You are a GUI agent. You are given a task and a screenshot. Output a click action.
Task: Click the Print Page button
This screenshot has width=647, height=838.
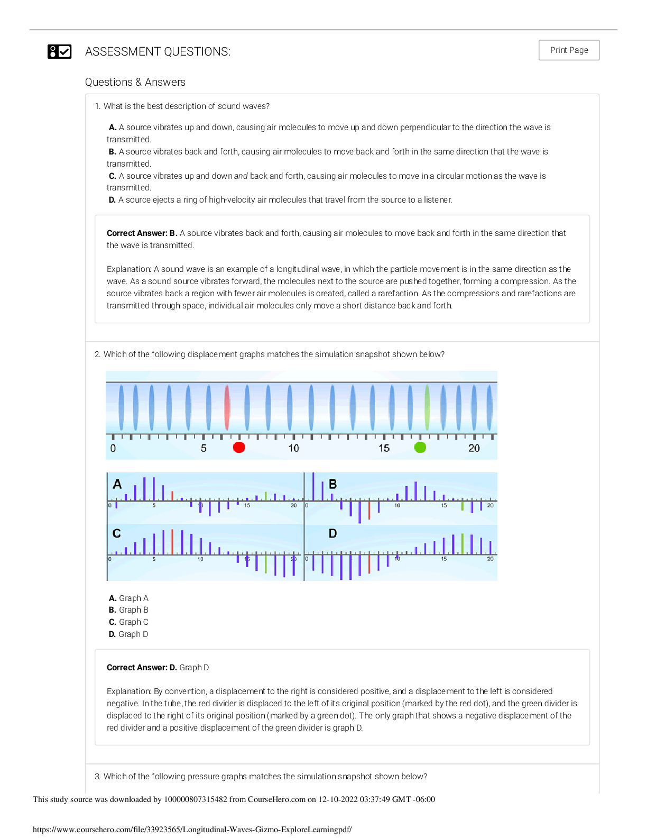569,50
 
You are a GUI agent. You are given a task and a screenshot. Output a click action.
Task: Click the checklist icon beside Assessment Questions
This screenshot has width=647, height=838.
59,51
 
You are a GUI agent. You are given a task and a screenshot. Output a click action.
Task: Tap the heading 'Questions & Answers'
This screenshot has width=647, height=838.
135,82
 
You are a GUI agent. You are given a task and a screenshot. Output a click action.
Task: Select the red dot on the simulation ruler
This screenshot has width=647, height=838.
239,448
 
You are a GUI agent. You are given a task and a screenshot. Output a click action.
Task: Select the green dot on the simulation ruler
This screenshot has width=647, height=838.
420,448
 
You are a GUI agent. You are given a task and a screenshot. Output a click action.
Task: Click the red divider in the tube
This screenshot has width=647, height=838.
227,407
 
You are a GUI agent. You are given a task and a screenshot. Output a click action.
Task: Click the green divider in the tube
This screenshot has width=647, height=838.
427,407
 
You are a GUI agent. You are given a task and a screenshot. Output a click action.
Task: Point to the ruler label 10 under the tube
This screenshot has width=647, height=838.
294,449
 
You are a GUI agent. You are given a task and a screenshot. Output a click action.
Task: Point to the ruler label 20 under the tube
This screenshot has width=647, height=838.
474,449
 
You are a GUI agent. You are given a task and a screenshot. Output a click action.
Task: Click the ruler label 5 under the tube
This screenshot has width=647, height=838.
204,449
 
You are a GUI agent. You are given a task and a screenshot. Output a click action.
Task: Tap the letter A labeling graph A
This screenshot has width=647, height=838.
117,484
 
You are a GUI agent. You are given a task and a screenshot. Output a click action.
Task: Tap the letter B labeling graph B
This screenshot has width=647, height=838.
333,484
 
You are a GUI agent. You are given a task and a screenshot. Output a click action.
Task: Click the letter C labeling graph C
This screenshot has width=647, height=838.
117,533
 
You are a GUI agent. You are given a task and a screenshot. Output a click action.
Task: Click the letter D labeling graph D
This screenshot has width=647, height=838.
332,533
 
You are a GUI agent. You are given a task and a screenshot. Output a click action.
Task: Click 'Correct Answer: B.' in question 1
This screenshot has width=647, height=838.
142,233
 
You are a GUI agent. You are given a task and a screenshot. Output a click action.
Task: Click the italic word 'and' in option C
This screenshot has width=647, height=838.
241,176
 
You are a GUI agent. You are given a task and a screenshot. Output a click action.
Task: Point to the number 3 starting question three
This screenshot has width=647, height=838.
97,777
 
